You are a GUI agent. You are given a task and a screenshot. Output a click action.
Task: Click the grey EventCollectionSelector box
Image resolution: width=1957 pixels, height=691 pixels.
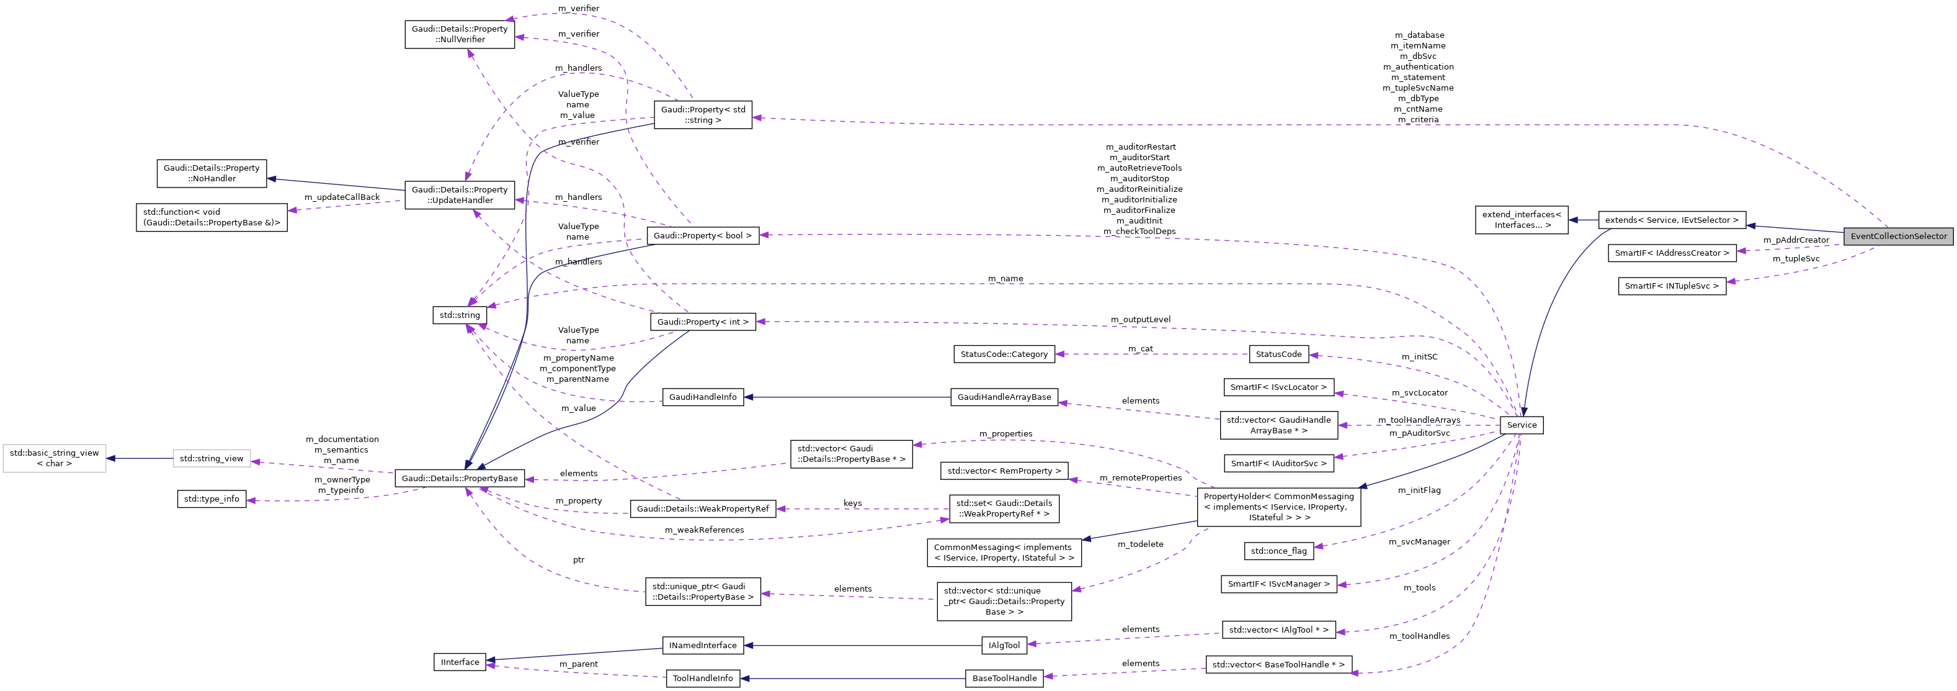(x=1897, y=236)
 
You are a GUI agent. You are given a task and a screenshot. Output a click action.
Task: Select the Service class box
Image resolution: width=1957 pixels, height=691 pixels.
(x=1521, y=425)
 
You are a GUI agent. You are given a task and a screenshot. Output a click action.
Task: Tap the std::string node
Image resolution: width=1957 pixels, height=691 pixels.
(x=460, y=315)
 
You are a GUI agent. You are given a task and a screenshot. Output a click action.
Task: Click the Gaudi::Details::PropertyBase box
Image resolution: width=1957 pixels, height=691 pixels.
(x=460, y=478)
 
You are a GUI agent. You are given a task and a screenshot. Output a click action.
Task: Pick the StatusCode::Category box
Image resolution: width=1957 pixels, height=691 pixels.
(x=1004, y=355)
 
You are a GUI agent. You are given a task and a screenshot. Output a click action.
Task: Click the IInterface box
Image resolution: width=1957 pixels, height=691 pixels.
(x=460, y=662)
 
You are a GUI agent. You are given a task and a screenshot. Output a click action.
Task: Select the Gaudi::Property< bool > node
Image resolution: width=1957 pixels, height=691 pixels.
(x=702, y=236)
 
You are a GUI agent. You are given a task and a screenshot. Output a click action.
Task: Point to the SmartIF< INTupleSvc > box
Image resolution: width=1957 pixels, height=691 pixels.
(x=1671, y=286)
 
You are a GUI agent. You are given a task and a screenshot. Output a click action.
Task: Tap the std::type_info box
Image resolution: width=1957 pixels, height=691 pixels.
(x=211, y=499)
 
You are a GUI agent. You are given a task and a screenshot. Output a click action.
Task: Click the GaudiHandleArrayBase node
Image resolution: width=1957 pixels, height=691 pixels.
(x=1004, y=397)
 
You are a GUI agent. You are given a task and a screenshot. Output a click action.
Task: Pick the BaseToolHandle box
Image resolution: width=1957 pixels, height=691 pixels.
(x=1004, y=678)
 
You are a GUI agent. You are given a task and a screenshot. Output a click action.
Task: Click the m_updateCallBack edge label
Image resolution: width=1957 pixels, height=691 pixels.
(x=342, y=197)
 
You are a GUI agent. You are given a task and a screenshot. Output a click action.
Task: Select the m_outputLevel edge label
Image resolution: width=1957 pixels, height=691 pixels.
(x=1140, y=319)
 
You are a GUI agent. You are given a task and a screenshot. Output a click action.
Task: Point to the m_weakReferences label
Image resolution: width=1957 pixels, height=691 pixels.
(x=704, y=530)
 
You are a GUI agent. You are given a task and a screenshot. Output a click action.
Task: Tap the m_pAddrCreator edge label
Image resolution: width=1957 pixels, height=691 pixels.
(x=1796, y=240)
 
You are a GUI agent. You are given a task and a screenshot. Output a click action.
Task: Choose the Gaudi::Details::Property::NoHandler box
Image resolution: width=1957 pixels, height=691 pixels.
(x=211, y=173)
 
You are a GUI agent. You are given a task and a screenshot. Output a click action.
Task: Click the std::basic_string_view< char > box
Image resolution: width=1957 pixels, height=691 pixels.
(x=54, y=458)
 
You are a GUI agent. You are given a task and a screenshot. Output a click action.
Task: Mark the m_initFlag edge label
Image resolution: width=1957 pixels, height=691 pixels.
(x=1419, y=490)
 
